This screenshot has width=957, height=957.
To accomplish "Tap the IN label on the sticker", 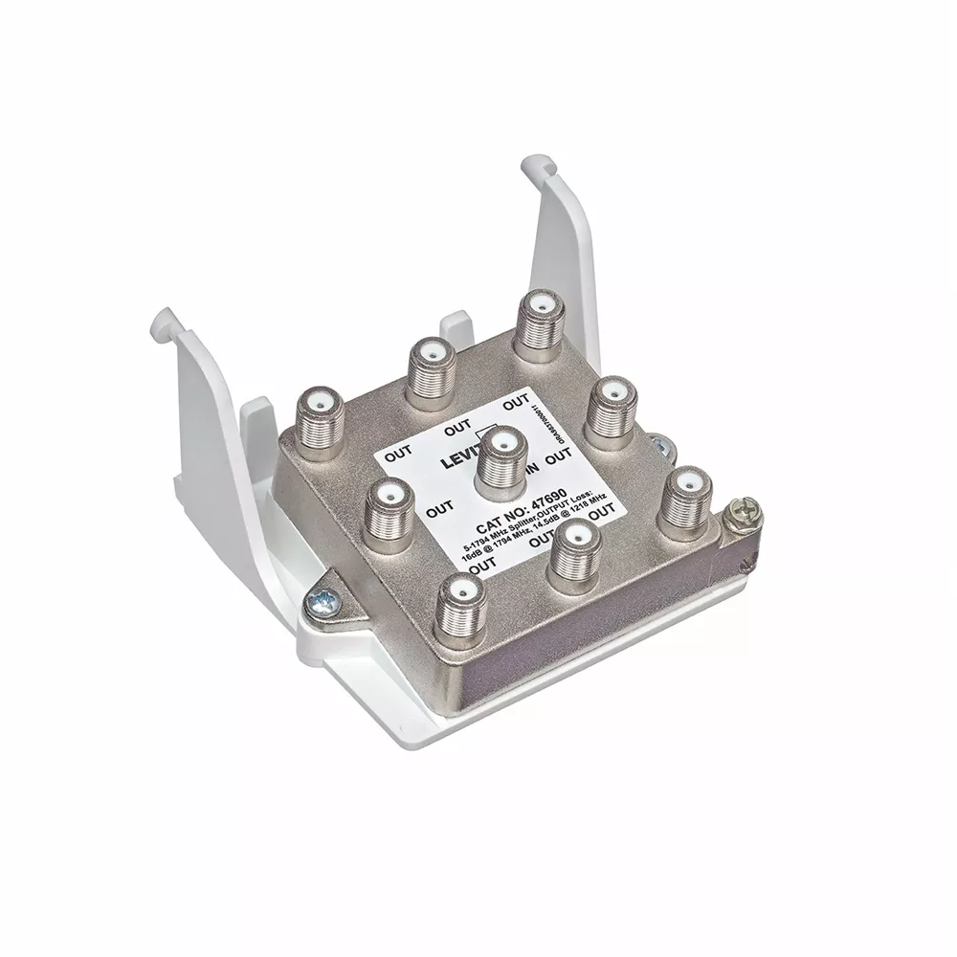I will coord(538,470).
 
